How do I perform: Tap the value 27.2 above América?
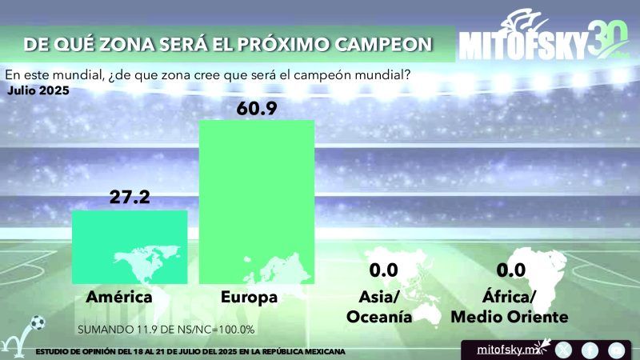tap(130, 198)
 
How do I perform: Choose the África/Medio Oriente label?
tap(510, 307)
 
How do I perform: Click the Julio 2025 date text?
tap(38, 90)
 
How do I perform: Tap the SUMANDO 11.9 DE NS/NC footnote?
tap(166, 329)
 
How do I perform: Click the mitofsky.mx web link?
tap(505, 349)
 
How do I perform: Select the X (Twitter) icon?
tap(563, 349)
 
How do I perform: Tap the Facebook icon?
tap(590, 349)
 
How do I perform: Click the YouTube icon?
tap(615, 349)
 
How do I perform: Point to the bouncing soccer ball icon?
tap(35, 323)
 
